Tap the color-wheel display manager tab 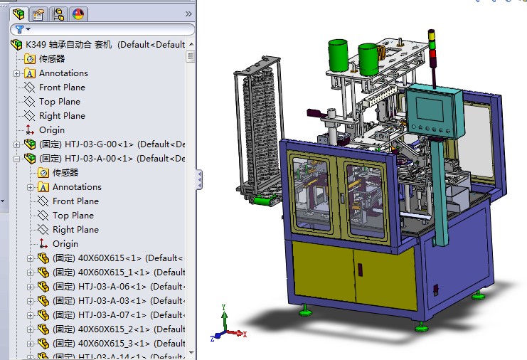78,14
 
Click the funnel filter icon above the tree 20,29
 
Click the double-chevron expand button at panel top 188,14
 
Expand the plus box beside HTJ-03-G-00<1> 17,144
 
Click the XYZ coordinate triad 227,327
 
